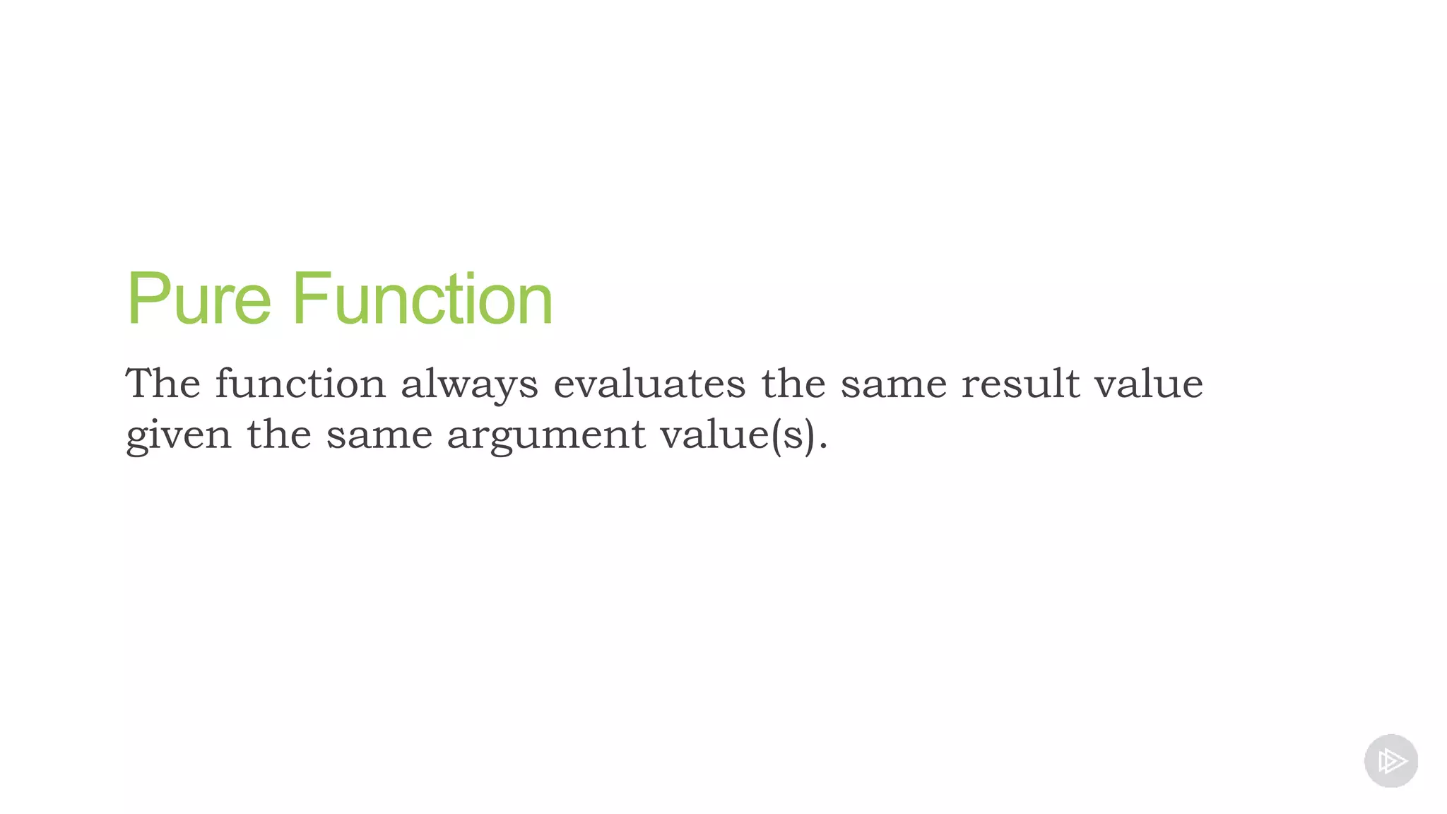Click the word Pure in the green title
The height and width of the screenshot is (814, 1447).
pos(199,300)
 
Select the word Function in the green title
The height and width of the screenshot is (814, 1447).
pos(422,300)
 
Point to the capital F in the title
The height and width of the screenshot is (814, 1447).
pos(310,300)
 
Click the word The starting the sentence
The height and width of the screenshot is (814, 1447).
pos(163,384)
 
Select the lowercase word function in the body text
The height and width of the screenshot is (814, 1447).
pos(300,384)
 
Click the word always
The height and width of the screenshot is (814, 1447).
pos(469,385)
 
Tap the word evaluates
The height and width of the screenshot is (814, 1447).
pos(649,384)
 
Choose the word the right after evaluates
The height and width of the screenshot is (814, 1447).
pos(793,384)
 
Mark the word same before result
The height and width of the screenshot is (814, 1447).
pos(893,385)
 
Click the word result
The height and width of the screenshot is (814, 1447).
pos(1020,384)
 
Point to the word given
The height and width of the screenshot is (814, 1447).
pos(179,435)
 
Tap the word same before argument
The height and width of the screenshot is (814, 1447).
pos(379,435)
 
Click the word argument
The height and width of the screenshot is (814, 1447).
pos(546,435)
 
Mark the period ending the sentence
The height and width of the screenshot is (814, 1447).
pos(822,447)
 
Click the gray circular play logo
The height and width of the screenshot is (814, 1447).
pos(1390,761)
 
